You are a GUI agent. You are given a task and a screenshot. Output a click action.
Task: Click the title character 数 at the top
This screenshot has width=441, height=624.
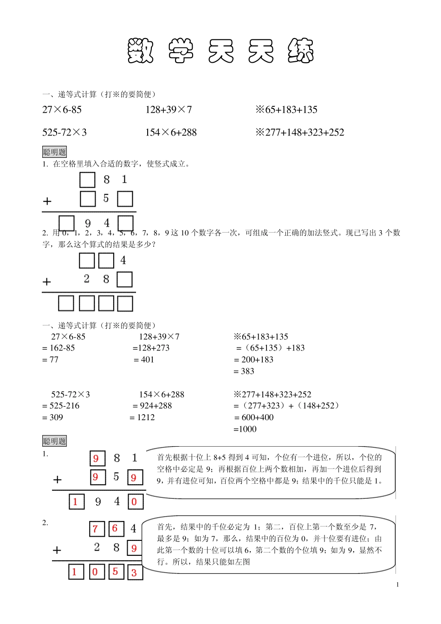[x=141, y=51]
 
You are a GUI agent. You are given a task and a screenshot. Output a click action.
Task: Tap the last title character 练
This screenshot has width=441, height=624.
[x=301, y=51]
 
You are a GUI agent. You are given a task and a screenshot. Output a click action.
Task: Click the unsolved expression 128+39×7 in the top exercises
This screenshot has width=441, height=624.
[x=169, y=110]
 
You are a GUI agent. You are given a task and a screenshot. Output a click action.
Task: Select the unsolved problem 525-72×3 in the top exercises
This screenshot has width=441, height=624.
[x=65, y=133]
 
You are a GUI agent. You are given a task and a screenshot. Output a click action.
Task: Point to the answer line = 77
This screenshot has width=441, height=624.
[x=51, y=360]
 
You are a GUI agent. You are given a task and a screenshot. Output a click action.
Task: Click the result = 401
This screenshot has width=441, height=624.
[x=144, y=360]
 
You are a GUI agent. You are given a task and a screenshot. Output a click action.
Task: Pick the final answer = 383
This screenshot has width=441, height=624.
[x=244, y=371]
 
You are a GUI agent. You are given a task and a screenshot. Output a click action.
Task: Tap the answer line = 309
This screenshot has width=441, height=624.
[x=52, y=417]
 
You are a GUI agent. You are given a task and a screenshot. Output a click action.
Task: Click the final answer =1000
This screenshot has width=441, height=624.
[x=245, y=429]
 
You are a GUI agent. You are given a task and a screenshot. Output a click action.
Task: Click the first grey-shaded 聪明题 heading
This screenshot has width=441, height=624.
[x=55, y=152]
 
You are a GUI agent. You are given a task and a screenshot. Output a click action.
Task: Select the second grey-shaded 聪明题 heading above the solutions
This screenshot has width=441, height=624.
[x=55, y=441]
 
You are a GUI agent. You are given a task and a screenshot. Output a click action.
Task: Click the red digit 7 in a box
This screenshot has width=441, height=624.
[x=96, y=529]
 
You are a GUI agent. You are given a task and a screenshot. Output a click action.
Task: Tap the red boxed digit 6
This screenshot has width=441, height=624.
[x=115, y=528]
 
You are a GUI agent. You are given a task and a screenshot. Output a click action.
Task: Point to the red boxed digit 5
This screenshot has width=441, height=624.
[x=116, y=572]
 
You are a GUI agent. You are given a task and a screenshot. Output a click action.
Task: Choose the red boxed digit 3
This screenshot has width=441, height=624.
[x=134, y=572]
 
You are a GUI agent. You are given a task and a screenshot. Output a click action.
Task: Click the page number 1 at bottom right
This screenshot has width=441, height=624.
[x=397, y=585]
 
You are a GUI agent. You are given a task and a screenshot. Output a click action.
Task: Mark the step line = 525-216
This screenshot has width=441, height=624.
[x=61, y=406]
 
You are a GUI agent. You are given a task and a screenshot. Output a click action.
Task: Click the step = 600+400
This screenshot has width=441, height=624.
[x=254, y=417]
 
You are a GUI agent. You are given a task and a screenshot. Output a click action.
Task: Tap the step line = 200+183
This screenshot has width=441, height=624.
[x=254, y=360]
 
